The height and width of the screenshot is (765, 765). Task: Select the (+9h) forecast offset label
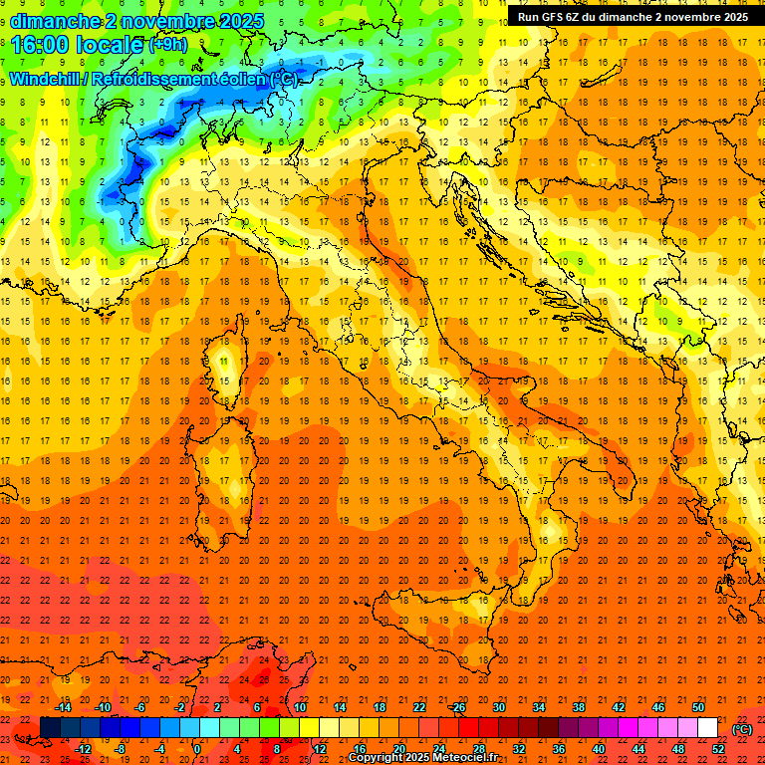[167, 45]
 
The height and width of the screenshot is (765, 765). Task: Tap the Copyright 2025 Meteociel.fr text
[422, 758]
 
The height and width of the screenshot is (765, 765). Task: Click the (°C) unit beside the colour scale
[742, 729]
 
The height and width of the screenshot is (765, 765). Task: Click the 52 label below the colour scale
[718, 749]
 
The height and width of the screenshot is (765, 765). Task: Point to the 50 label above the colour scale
[698, 707]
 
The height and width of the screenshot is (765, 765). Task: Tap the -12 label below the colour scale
[83, 749]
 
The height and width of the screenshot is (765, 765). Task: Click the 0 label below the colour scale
[197, 749]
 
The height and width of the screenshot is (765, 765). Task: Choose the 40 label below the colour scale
[599, 749]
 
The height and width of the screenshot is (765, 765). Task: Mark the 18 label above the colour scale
[379, 707]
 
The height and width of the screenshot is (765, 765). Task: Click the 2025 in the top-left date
[242, 21]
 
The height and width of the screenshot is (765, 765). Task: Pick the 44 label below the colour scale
[638, 749]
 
